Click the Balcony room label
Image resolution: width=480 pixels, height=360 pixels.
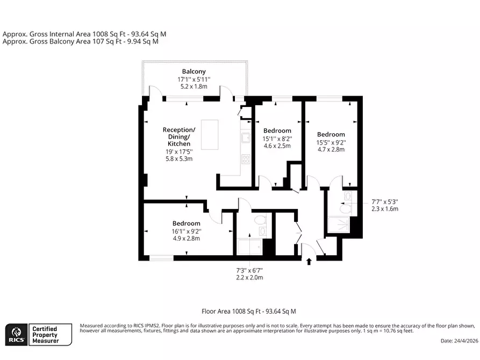point(194,71)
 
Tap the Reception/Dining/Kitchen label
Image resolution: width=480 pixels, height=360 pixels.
point(179,136)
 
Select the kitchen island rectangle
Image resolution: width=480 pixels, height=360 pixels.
point(210,135)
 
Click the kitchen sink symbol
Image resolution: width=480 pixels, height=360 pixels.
point(246,138)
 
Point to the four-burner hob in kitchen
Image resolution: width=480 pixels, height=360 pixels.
point(246,159)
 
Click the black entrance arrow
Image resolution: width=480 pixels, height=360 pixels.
point(309,262)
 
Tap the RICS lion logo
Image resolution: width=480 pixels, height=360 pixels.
point(17,335)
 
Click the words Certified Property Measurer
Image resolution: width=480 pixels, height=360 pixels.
point(45,335)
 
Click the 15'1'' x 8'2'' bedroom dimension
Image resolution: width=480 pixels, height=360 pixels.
point(277,139)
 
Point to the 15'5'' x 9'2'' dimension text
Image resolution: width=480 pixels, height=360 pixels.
point(331,142)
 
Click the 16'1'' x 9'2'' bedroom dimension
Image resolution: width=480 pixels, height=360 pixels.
point(187,232)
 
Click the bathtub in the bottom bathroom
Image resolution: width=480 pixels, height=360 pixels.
point(250,247)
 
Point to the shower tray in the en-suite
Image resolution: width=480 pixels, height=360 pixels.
point(339,225)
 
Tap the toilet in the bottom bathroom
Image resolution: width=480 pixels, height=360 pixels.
point(261,219)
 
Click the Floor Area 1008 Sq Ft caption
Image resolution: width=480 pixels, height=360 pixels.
point(249,311)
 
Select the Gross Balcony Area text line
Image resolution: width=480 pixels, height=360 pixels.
point(81,41)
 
